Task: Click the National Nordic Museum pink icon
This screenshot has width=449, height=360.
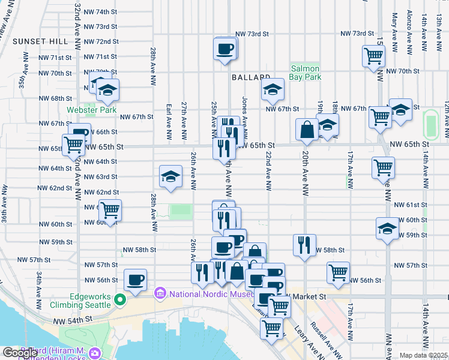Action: pos(160,294)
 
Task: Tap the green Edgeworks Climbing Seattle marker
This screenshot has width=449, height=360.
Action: pos(119,300)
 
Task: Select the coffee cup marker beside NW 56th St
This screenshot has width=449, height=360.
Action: pos(135,280)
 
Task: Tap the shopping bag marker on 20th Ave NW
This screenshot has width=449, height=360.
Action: pos(307,129)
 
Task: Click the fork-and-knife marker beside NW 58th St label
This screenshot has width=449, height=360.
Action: pos(304,245)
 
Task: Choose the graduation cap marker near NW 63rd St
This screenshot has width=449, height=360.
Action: pos(171,176)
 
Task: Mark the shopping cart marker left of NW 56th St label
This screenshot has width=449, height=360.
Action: pos(339,272)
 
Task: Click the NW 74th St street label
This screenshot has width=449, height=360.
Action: pos(100,11)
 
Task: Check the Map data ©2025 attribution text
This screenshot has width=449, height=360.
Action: pos(424,355)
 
